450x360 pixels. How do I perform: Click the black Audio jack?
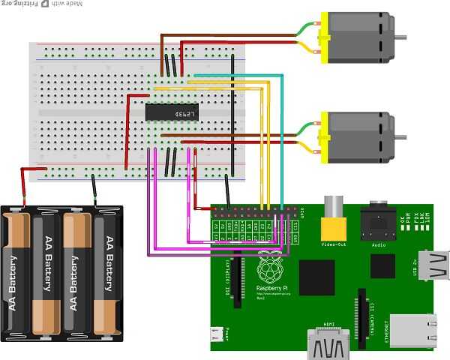coord(378,222)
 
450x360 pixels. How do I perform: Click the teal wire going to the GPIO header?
coord(281,135)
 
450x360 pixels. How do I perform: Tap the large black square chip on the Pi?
coord(316,277)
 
